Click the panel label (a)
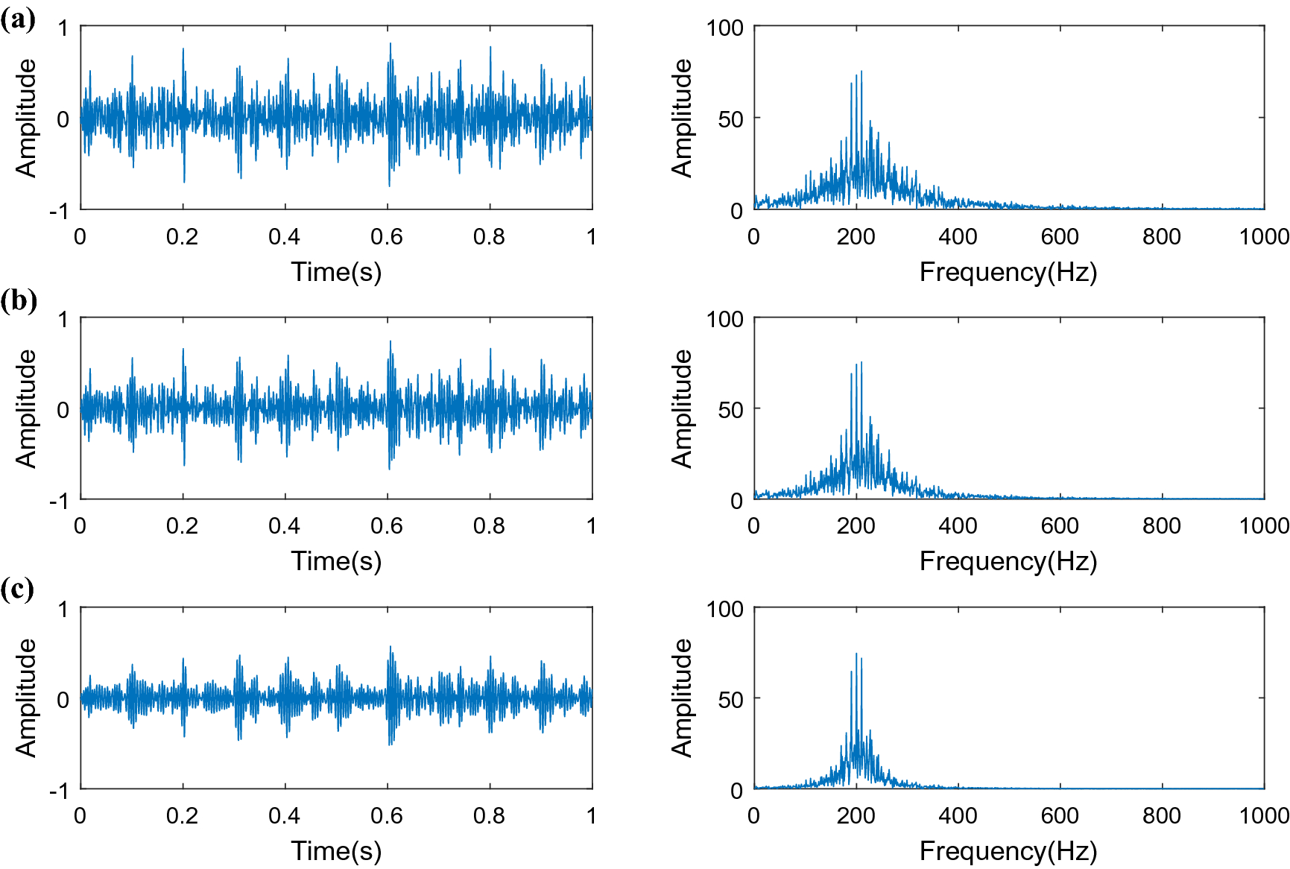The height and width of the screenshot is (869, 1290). pos(18,19)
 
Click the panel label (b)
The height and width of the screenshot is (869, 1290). pos(19,300)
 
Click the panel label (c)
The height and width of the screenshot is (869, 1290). pos(18,590)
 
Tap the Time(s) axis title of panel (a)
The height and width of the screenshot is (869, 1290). pos(336,272)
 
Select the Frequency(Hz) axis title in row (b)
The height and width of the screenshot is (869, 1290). pos(1008,561)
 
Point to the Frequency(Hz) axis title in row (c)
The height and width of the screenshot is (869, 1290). pos(1008,850)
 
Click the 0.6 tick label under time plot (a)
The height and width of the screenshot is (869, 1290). pos(387,237)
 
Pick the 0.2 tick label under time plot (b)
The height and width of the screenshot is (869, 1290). pos(182,526)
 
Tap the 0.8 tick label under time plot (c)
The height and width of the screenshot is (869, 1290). pos(489,815)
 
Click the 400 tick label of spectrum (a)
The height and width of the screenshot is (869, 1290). pos(958,237)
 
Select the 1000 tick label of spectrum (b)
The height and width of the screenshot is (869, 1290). pos(1264,526)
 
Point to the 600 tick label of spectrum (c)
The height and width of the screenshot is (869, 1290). pos(1060,815)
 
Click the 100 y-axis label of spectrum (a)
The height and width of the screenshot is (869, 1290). pos(725,28)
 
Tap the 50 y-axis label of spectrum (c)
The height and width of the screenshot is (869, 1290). pos(731,699)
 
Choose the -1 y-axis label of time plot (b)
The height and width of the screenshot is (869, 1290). pos(60,500)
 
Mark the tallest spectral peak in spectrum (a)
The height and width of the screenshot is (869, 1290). pos(861,72)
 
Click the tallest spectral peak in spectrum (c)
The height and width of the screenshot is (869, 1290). pos(856,654)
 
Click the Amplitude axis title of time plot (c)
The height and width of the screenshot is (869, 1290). pos(26,698)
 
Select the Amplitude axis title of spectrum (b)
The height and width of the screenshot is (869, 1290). pos(682,408)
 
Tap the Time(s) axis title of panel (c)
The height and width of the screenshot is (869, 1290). pos(336,850)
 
